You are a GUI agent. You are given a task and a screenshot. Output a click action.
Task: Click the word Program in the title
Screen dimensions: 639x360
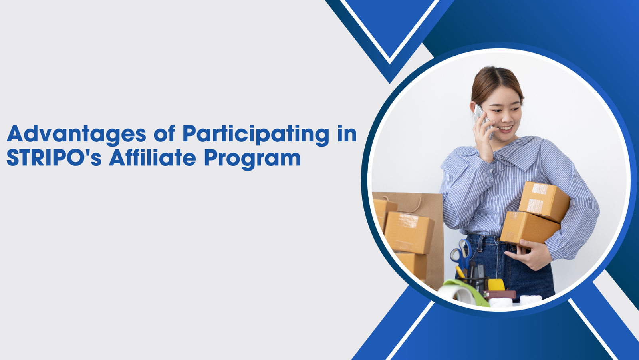tap(252, 159)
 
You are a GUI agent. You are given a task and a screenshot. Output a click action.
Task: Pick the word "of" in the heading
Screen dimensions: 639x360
tap(164, 133)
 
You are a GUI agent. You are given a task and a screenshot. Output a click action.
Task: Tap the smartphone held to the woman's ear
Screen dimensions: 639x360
tap(483, 120)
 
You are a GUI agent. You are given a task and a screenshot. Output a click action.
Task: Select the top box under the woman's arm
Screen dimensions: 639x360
tap(544, 201)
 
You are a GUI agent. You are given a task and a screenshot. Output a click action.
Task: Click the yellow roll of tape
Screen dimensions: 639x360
tap(496, 285)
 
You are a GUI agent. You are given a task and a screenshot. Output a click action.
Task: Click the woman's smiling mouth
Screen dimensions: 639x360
tap(506, 129)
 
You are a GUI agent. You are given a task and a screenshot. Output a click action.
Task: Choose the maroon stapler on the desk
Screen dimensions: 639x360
tap(499, 294)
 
